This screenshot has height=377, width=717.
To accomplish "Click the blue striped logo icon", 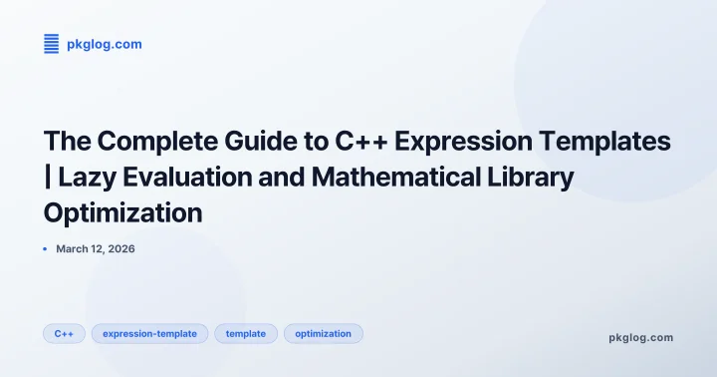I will [52, 44].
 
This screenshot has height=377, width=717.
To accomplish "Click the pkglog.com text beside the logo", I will [104, 44].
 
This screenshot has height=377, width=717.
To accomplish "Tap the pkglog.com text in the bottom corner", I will [640, 337].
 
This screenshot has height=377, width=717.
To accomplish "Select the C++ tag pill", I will [64, 333].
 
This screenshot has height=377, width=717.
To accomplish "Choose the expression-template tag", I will [149, 333].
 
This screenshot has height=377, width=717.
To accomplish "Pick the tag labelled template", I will [245, 333].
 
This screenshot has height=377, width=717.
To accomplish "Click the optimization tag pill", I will [323, 333].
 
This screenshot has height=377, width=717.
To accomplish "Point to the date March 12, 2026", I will [95, 248].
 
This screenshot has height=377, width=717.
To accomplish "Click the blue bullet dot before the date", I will [46, 248].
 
